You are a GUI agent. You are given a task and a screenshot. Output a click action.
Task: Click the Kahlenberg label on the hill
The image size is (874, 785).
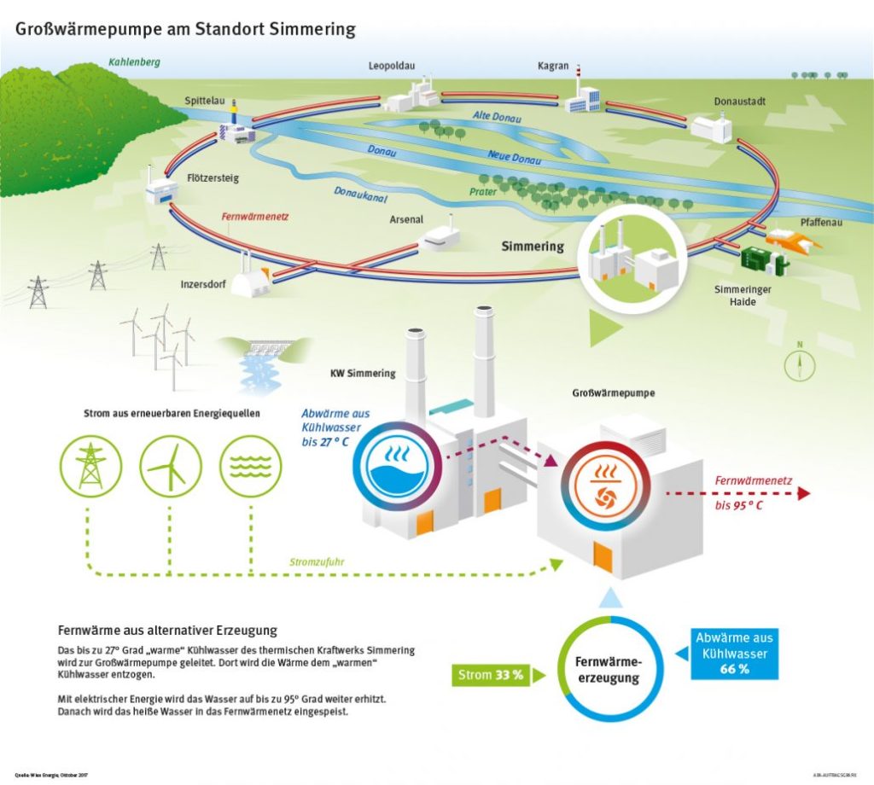[134, 62]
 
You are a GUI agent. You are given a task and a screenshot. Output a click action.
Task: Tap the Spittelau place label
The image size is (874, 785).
[204, 101]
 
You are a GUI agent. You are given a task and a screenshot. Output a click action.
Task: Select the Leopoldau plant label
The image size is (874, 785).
[392, 66]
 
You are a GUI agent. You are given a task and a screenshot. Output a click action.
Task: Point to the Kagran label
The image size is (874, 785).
[553, 66]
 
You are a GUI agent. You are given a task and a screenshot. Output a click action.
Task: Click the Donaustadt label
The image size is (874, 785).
[740, 102]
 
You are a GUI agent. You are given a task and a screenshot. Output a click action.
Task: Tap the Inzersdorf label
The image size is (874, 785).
[203, 284]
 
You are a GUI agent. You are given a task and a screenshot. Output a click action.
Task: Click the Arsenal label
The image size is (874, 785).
[406, 219]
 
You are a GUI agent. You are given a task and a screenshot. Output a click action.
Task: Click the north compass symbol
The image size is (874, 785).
[800, 363]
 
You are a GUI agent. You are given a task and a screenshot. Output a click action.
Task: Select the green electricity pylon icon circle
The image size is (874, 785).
[90, 466]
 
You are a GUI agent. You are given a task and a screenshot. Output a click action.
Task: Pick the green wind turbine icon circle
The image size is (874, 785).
[171, 466]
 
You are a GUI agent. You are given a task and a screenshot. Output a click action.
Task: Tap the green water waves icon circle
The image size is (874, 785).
[251, 466]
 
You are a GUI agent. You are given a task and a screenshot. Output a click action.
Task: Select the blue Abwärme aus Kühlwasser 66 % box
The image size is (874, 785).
[735, 654]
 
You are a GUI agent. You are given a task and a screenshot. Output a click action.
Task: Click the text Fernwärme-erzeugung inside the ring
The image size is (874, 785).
[608, 671]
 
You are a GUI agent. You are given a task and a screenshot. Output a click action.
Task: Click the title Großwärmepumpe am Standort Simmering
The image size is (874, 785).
[185, 29]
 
